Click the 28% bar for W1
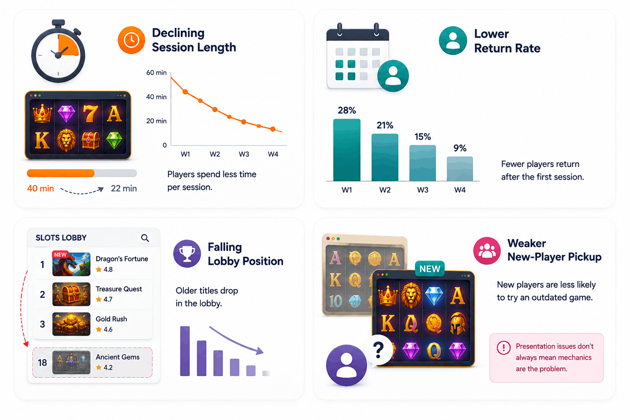coord(347,150)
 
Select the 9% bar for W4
coord(460,169)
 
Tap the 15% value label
coord(422,137)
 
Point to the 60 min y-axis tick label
coord(156,73)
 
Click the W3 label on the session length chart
coord(244,154)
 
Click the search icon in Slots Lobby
coord(145,238)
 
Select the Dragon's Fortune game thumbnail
coord(71,264)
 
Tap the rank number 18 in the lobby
coord(42,363)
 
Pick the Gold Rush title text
coord(112,319)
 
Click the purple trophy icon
coord(187,253)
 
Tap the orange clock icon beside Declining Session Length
coord(131,40)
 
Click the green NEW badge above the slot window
coord(430,269)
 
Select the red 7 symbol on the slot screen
coord(90,114)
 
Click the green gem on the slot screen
coord(114,140)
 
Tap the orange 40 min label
coord(41,189)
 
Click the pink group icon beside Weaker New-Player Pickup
coord(487,251)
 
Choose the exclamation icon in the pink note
coord(503,347)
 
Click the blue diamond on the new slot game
coord(434,296)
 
